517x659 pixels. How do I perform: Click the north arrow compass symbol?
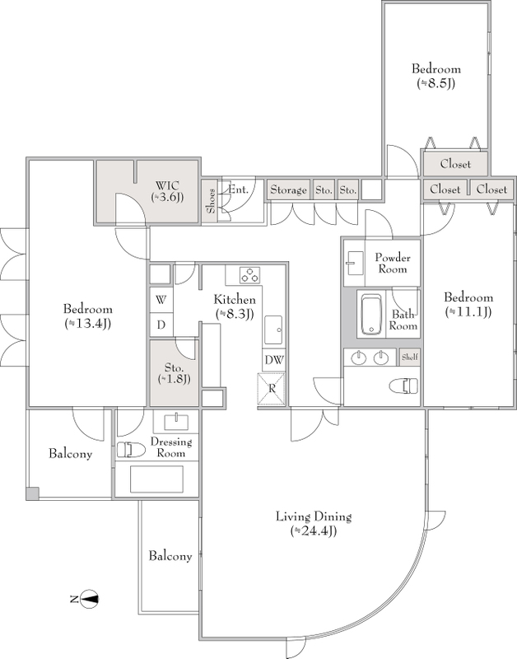coord(90,599)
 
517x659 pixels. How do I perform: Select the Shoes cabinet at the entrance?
coord(210,201)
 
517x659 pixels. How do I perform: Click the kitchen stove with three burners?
coord(250,275)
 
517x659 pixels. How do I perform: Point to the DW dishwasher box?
coord(274,360)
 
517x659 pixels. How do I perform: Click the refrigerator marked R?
coord(272,389)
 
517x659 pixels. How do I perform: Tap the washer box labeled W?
coord(161,300)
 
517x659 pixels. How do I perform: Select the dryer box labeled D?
coord(161,325)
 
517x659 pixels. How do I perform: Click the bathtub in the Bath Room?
coord(370,314)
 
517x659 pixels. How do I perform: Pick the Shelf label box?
coord(409,357)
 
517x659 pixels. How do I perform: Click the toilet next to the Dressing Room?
coord(131,450)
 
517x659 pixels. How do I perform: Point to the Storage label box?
coord(288,190)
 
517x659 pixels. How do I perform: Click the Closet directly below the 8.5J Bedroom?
coord(455,163)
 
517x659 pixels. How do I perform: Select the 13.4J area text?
coord(88,324)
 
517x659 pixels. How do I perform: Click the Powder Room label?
coord(393,263)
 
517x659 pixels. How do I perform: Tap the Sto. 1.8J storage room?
coord(175,373)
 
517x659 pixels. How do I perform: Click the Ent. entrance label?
coord(238,189)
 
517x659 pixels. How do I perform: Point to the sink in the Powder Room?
coord(354,263)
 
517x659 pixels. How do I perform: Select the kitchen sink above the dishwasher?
coord(273,330)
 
